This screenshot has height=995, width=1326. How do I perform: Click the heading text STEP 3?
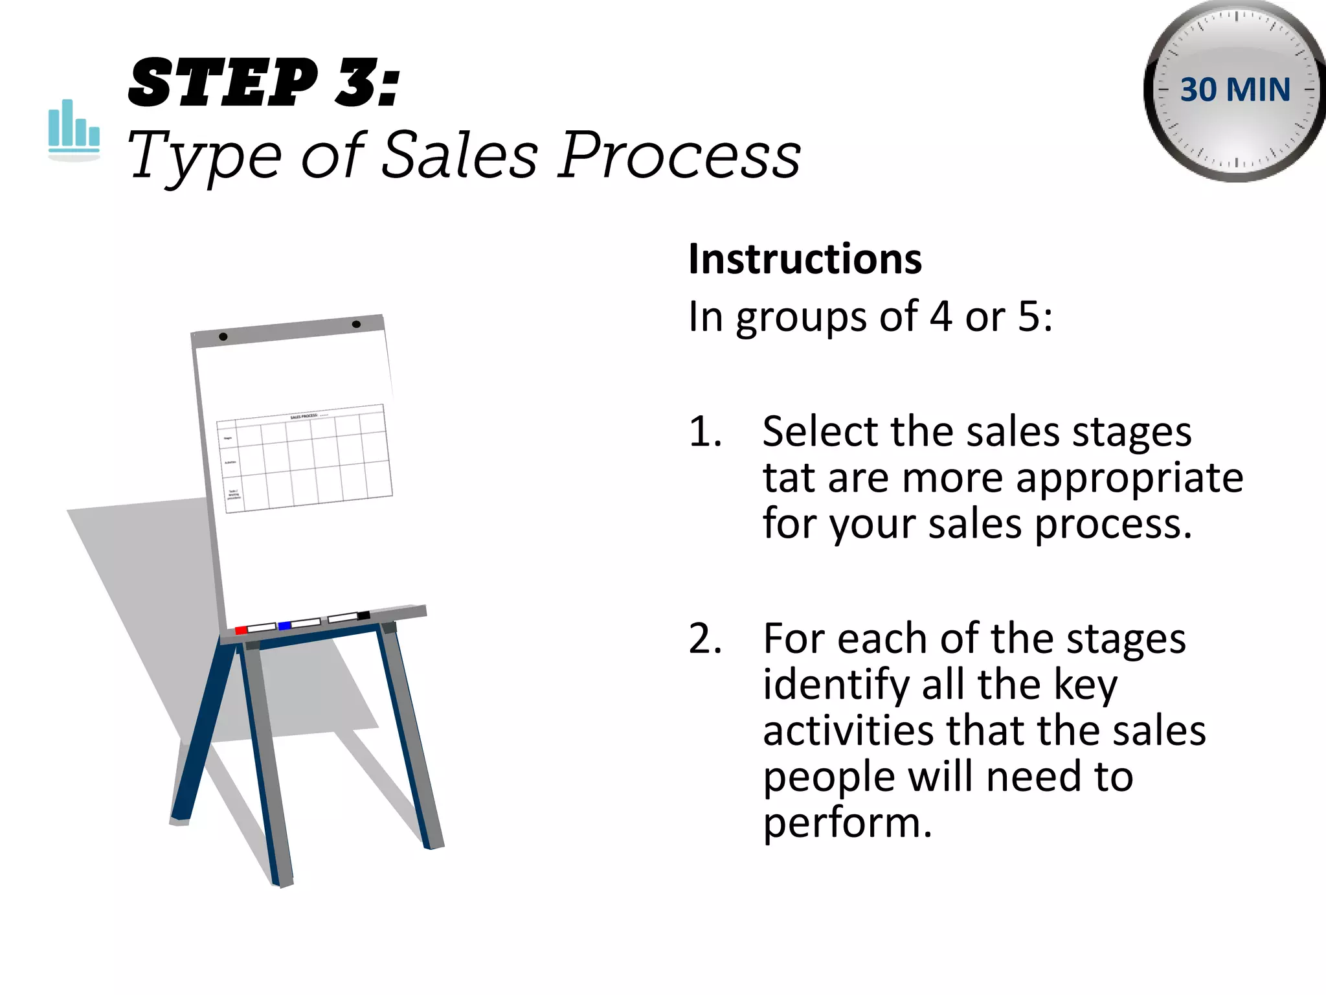coord(264,83)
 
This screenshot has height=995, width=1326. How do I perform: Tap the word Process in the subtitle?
coord(679,155)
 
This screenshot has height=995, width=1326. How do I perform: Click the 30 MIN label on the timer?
coord(1235,89)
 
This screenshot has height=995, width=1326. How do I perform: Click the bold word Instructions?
coord(805,259)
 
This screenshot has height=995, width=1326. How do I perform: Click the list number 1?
coord(704,431)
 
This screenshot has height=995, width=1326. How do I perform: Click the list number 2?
coord(704,639)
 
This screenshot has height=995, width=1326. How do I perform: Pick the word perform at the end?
coord(846,823)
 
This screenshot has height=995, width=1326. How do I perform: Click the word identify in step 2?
coord(836,685)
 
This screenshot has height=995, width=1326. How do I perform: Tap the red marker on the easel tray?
coord(241,630)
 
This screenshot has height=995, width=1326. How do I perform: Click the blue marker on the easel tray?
coord(284,626)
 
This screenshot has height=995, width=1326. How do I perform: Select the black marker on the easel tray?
coord(364,615)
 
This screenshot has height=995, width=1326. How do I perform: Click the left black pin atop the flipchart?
coord(223,336)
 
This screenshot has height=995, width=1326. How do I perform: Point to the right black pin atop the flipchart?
coord(356,324)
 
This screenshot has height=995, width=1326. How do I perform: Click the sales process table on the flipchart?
coord(304,458)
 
